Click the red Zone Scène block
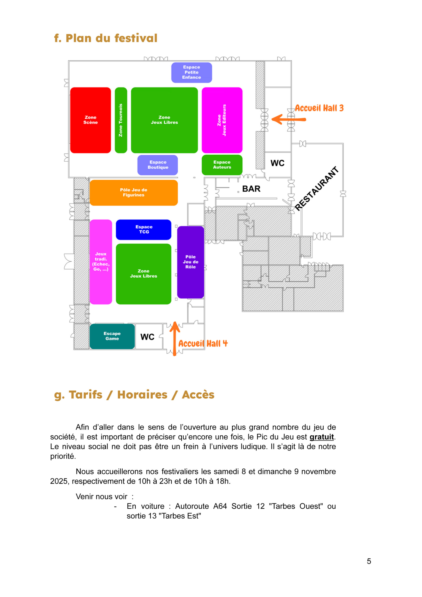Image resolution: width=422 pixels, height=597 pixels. [90, 120]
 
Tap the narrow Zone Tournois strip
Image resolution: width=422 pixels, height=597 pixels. [121, 120]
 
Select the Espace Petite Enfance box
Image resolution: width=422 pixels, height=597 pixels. [191, 72]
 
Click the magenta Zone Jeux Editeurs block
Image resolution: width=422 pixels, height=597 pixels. [222, 120]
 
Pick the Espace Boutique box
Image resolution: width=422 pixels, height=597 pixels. [158, 165]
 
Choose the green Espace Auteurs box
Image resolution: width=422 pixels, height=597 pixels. [222, 165]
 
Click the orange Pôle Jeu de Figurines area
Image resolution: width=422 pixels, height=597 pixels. [134, 192]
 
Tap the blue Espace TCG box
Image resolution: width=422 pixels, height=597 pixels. [144, 229]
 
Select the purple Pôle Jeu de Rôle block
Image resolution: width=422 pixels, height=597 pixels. [190, 262]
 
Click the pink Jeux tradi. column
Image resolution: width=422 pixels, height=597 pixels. [101, 262]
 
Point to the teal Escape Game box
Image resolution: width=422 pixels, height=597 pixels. [112, 336]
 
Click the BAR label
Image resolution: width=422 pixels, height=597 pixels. [251, 189]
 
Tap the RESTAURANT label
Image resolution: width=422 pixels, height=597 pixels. [317, 188]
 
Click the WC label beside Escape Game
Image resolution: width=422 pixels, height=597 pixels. [147, 337]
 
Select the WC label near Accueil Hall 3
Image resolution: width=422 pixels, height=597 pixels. [277, 163]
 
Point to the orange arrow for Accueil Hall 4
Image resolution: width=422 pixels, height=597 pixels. [175, 338]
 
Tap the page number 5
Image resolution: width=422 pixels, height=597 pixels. [369, 561]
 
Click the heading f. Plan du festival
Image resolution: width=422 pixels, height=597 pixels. [106, 38]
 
